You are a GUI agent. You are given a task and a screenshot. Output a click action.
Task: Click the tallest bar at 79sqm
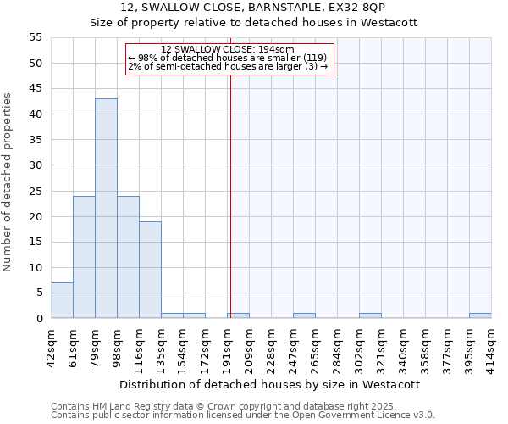coord(106,209)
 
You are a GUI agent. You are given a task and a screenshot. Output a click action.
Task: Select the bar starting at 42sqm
coord(62,300)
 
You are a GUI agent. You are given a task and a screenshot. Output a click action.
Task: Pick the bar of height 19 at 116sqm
coord(150,270)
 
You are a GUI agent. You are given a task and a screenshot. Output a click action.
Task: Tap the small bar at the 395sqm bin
coord(480,315)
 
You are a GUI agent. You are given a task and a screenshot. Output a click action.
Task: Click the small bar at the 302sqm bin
coord(370,315)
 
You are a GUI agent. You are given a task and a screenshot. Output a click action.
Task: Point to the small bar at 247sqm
coord(304,315)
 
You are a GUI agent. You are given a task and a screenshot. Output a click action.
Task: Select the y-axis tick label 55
coord(35,37)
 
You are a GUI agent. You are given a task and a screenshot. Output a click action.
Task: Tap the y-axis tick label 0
coord(38,319)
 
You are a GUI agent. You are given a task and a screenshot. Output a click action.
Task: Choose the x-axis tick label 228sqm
coord(271,348)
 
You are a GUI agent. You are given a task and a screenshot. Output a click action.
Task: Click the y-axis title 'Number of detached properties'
coord(8,182)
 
